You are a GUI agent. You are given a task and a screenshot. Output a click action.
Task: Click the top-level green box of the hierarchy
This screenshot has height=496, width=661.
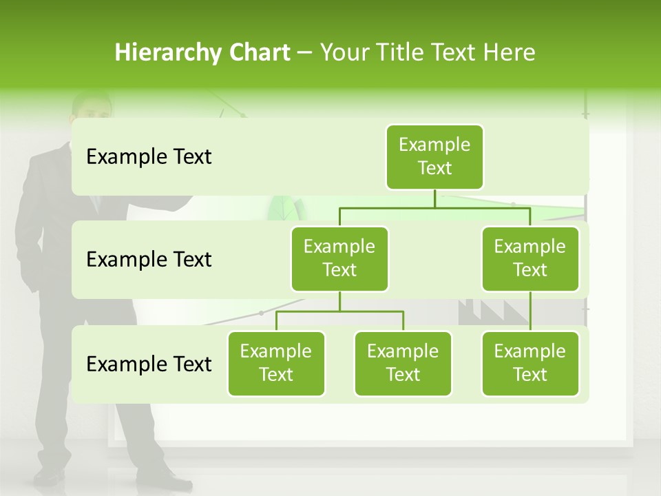(x=434, y=156)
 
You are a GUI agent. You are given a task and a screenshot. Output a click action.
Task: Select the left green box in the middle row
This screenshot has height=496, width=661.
(x=339, y=258)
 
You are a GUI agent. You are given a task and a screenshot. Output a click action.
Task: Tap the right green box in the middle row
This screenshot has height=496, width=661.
(x=530, y=258)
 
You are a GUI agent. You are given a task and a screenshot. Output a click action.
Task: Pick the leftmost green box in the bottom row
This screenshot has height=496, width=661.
(x=276, y=363)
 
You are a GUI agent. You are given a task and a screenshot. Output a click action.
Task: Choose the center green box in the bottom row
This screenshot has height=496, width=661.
(x=403, y=363)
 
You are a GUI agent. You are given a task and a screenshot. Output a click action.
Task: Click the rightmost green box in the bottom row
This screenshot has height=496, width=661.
(x=530, y=363)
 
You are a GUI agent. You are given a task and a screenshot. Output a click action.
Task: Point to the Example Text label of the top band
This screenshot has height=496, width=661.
(x=149, y=157)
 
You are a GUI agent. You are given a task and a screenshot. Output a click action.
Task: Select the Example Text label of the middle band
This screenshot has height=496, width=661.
(x=149, y=260)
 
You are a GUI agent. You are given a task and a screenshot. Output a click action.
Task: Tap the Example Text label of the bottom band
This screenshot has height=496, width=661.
(x=149, y=364)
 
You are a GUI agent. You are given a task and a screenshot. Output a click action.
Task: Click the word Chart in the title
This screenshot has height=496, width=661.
(x=259, y=52)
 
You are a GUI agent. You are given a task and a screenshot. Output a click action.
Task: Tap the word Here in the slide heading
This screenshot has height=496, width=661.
(x=510, y=52)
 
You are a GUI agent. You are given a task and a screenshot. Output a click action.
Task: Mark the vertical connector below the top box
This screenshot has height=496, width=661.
(x=434, y=198)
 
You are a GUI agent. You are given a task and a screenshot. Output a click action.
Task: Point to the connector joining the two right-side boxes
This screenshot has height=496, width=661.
(x=530, y=311)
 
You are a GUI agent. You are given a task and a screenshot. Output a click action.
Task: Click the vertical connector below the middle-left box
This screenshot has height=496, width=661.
(x=339, y=302)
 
